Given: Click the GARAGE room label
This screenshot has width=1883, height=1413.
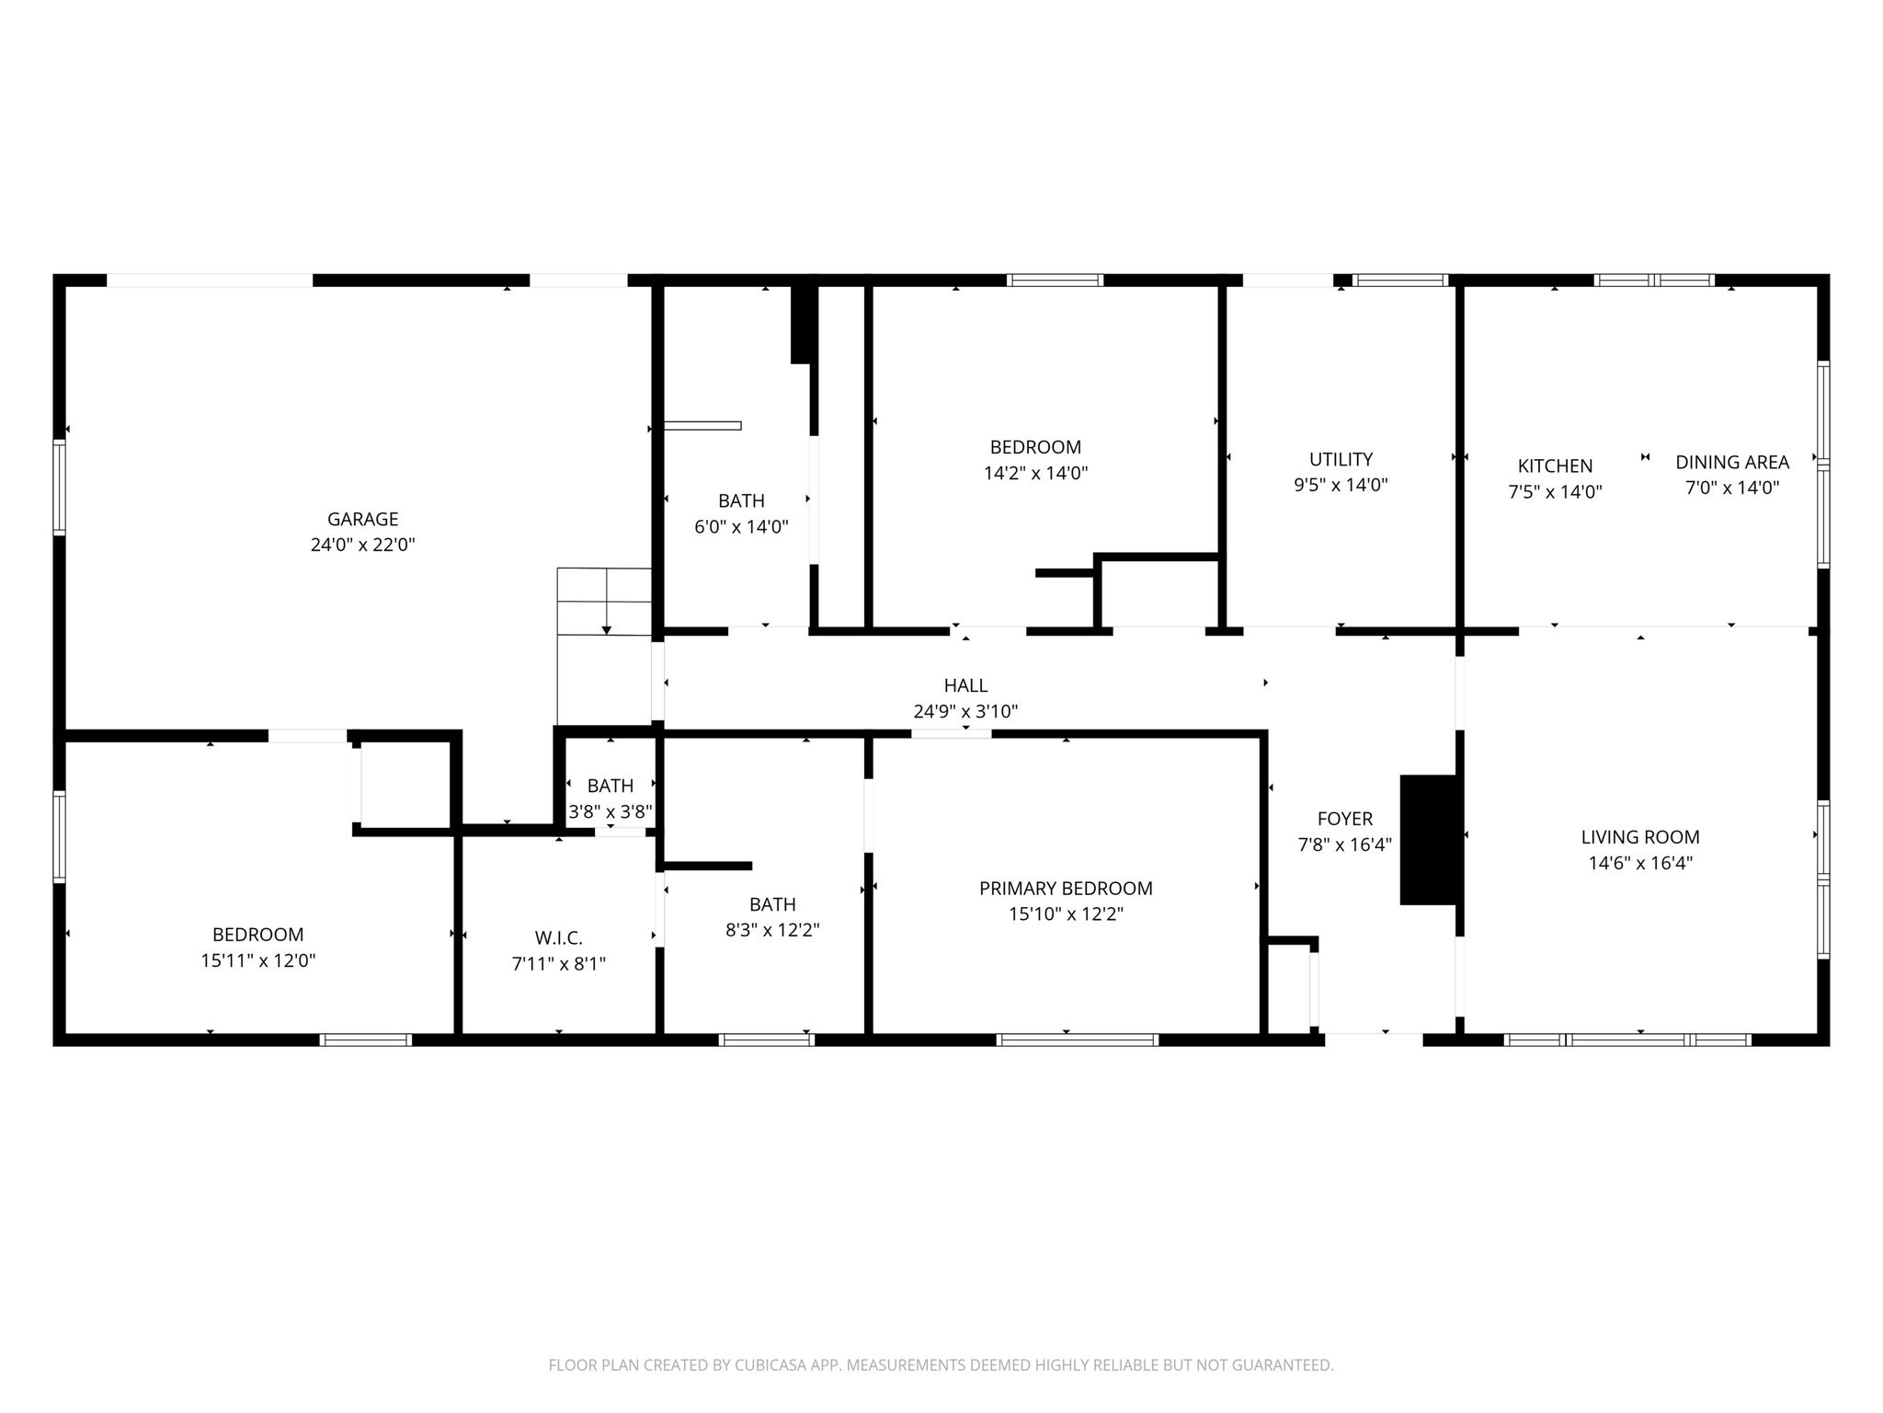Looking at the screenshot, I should (x=362, y=519).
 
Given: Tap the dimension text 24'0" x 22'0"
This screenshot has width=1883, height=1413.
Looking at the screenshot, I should (x=362, y=545).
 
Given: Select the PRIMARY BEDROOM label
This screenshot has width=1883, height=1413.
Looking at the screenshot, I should (x=1065, y=889).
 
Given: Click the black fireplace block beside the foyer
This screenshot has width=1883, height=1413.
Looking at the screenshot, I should (x=1428, y=839).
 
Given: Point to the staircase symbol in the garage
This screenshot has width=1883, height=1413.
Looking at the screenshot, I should (x=604, y=602).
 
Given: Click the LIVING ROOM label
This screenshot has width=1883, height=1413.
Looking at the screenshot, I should (x=1639, y=837).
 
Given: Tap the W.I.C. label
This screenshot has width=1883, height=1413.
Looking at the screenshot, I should (x=558, y=938).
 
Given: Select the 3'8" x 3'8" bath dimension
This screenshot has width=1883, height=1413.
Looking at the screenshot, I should (x=610, y=812).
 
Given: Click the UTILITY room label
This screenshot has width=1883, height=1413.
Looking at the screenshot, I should (x=1341, y=459).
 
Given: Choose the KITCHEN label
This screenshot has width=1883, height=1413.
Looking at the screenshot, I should (x=1555, y=466).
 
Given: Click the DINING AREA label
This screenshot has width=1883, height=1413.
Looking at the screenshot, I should (x=1731, y=463).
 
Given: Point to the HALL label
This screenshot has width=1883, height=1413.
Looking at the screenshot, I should (x=965, y=685).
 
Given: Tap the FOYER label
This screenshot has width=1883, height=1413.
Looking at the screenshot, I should (x=1344, y=819).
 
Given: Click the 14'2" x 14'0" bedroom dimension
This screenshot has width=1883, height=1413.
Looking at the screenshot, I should (x=1035, y=474).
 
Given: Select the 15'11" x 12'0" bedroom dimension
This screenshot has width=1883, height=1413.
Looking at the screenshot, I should (x=257, y=960).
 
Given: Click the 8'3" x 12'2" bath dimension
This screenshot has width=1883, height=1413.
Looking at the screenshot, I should (x=772, y=930).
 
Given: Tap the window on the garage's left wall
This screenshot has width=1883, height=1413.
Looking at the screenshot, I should (x=60, y=488).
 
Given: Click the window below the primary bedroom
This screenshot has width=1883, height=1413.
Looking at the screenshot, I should (x=1077, y=1040).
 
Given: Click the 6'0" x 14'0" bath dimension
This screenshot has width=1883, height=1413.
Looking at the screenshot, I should (x=741, y=527).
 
